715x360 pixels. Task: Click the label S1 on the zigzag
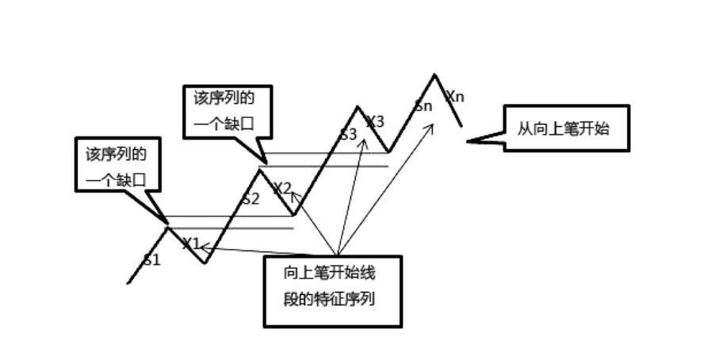click(x=151, y=259)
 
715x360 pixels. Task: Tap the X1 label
click(x=190, y=243)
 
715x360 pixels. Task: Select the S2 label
click(x=250, y=199)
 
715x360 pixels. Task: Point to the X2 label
click(x=282, y=189)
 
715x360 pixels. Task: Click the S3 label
click(x=348, y=134)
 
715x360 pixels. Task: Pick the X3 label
click(x=375, y=121)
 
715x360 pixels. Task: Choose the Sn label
click(x=423, y=106)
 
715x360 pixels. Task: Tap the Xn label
click(x=455, y=97)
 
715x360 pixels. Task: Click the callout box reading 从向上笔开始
click(x=566, y=128)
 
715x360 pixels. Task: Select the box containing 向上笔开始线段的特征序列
click(x=332, y=291)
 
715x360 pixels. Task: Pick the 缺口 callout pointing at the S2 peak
click(x=227, y=112)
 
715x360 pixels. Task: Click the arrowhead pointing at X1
click(x=202, y=247)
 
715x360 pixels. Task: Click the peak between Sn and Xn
click(x=434, y=75)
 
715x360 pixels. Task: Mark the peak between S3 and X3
click(x=357, y=107)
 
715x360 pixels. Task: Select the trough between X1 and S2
click(x=205, y=262)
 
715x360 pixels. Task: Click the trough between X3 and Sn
click(x=388, y=151)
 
